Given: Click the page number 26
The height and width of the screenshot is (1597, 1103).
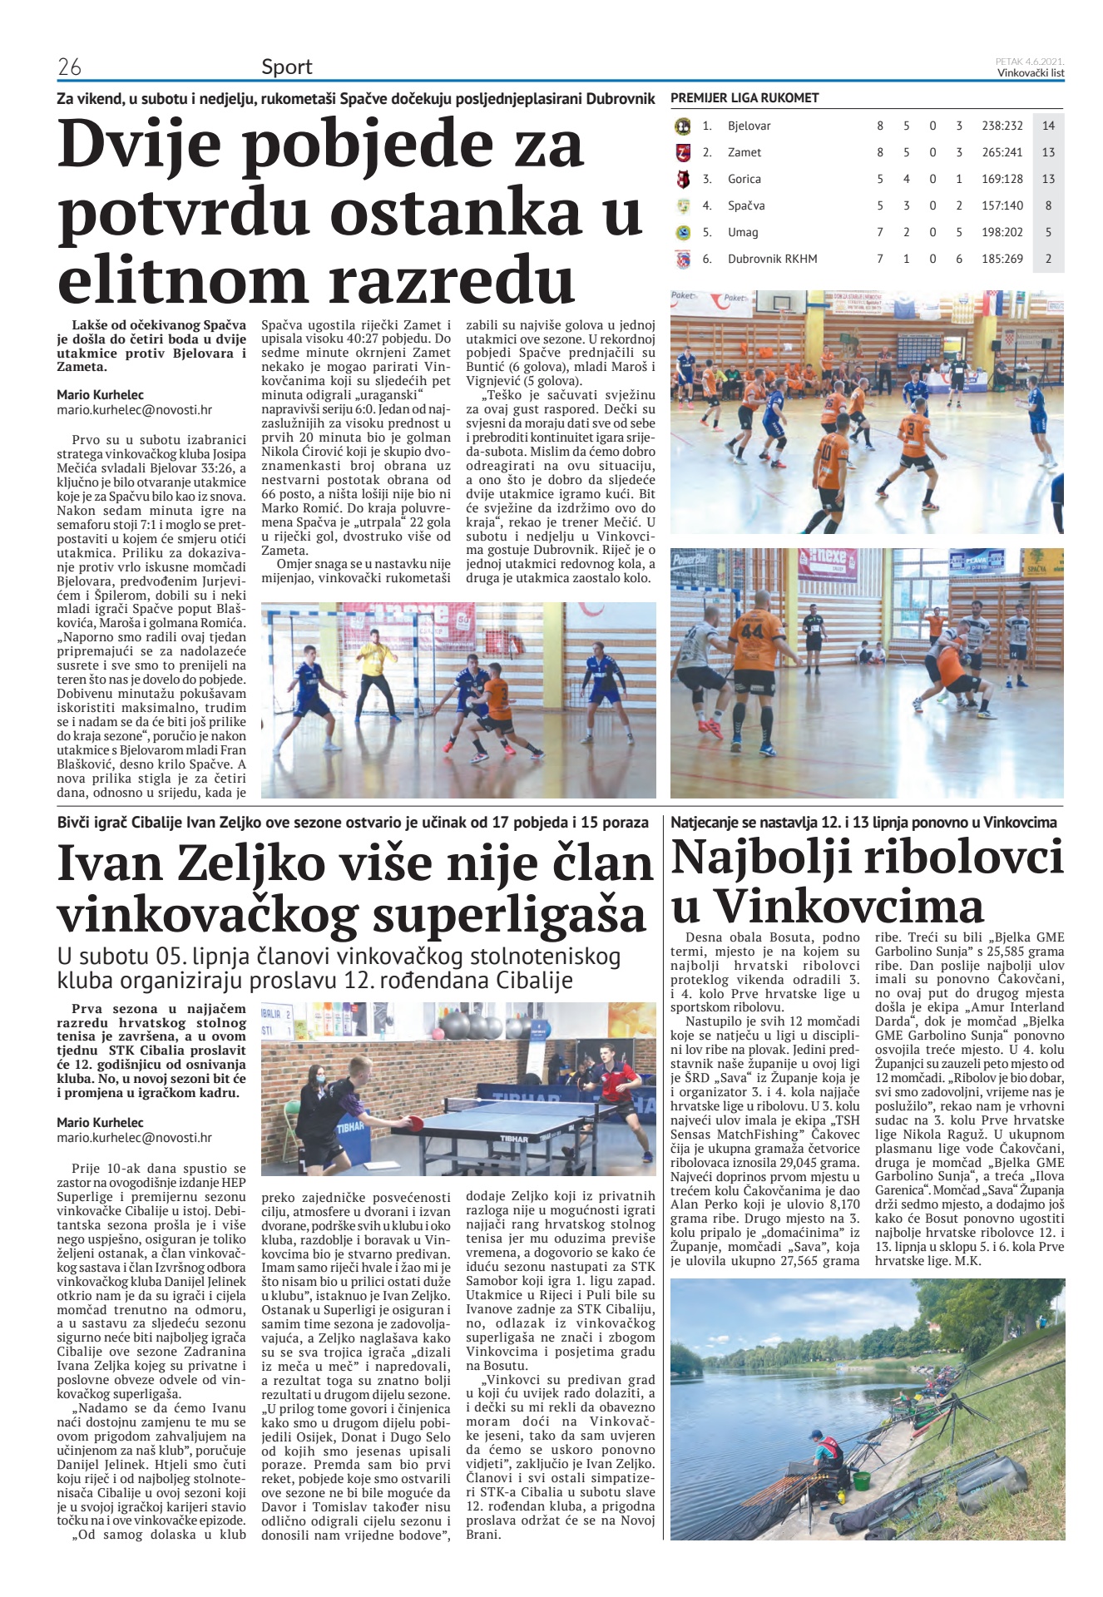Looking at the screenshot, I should tap(69, 67).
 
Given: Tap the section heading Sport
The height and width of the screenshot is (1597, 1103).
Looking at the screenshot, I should tap(287, 67).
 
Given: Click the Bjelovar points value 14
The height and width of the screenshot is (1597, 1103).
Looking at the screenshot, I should tap(1048, 126).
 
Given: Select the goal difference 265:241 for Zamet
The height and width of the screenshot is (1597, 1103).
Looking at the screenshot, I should tap(1002, 152).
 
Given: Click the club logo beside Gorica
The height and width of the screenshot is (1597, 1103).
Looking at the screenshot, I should tap(683, 179).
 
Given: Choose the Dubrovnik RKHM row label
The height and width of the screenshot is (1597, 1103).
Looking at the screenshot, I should tap(772, 259).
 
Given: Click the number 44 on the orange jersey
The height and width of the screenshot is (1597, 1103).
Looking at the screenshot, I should tap(751, 631).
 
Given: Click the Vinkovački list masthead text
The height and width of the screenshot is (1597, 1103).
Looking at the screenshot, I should tap(1031, 73).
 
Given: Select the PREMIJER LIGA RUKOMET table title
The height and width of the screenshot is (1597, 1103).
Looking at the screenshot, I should tap(744, 98).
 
